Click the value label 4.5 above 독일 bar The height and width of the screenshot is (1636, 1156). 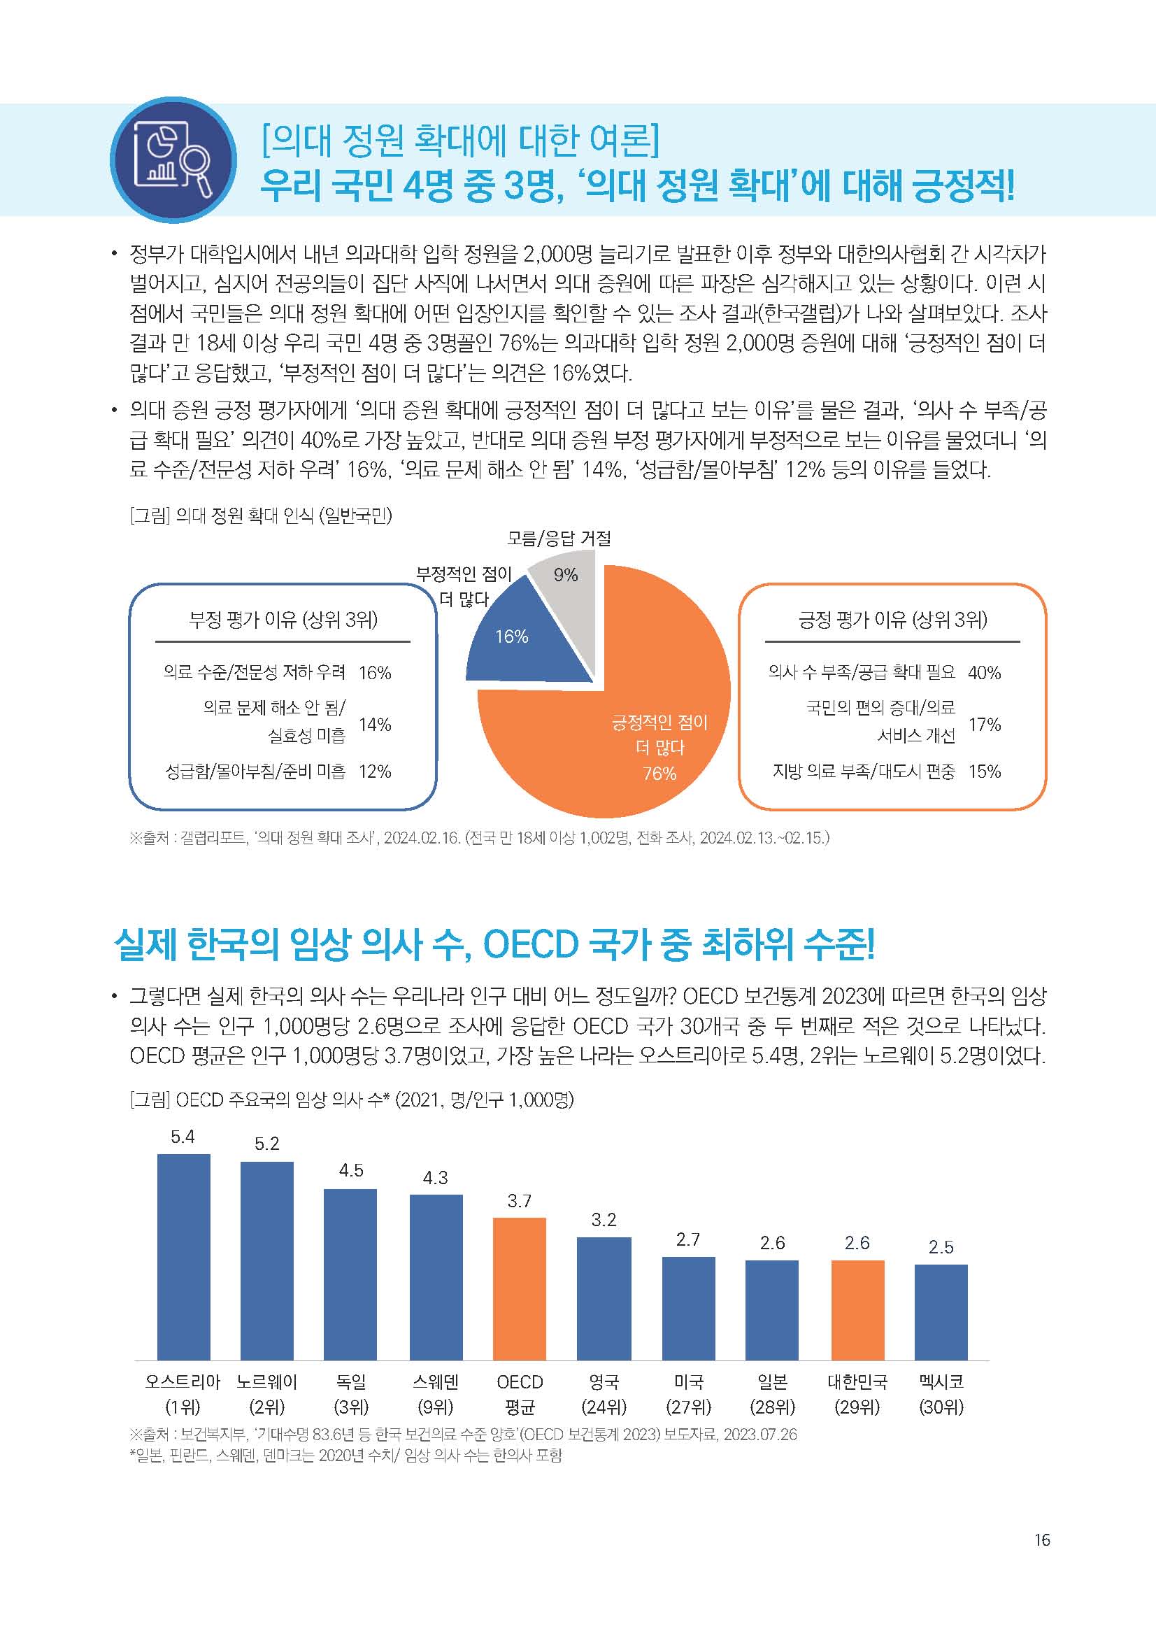351,1170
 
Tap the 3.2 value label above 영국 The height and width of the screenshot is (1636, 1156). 604,1220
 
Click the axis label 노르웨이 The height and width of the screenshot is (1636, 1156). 266,1382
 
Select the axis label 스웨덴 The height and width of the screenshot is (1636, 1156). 435,1382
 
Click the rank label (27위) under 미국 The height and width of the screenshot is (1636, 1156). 688,1407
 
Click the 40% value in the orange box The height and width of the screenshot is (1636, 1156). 985,673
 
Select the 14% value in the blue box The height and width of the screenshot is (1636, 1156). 375,725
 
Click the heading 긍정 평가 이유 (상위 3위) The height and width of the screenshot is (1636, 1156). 892,620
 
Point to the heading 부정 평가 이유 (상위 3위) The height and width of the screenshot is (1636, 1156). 283,620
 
